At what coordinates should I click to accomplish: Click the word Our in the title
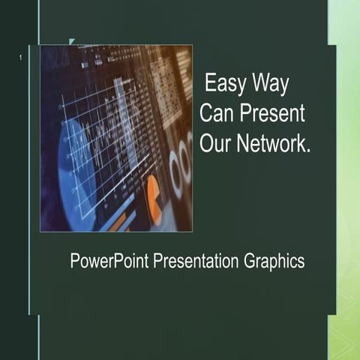(215, 144)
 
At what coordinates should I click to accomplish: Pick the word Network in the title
(271, 144)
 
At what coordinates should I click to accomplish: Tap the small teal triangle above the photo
(72, 42)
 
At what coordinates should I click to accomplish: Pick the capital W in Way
(259, 82)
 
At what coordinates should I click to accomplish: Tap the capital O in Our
(207, 144)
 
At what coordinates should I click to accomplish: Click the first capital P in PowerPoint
(75, 262)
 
